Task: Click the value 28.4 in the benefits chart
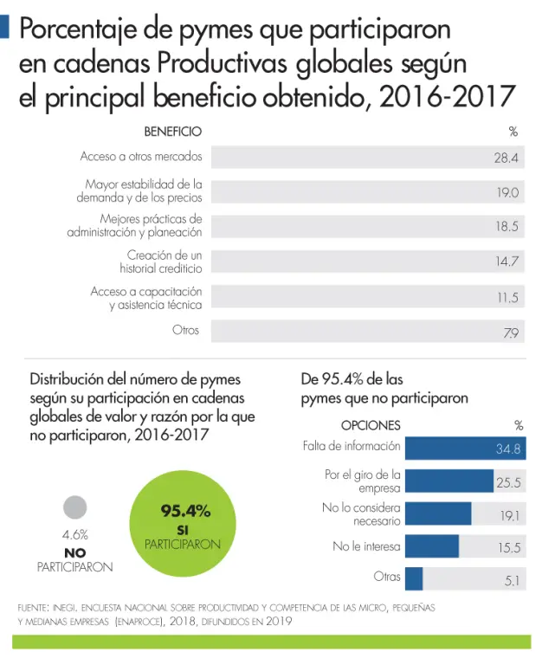click(x=506, y=158)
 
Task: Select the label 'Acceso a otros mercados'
click(x=141, y=157)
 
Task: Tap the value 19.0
click(x=507, y=192)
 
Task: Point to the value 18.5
click(x=507, y=227)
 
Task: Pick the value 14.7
click(x=507, y=261)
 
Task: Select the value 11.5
click(x=508, y=297)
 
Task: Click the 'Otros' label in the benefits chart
click(x=185, y=330)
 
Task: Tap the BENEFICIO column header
click(x=172, y=132)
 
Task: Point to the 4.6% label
click(x=75, y=534)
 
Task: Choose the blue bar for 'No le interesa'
click(x=431, y=546)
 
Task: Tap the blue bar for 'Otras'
click(x=413, y=578)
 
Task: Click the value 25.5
click(x=508, y=482)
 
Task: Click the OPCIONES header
click(x=371, y=425)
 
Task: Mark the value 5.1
click(x=512, y=581)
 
